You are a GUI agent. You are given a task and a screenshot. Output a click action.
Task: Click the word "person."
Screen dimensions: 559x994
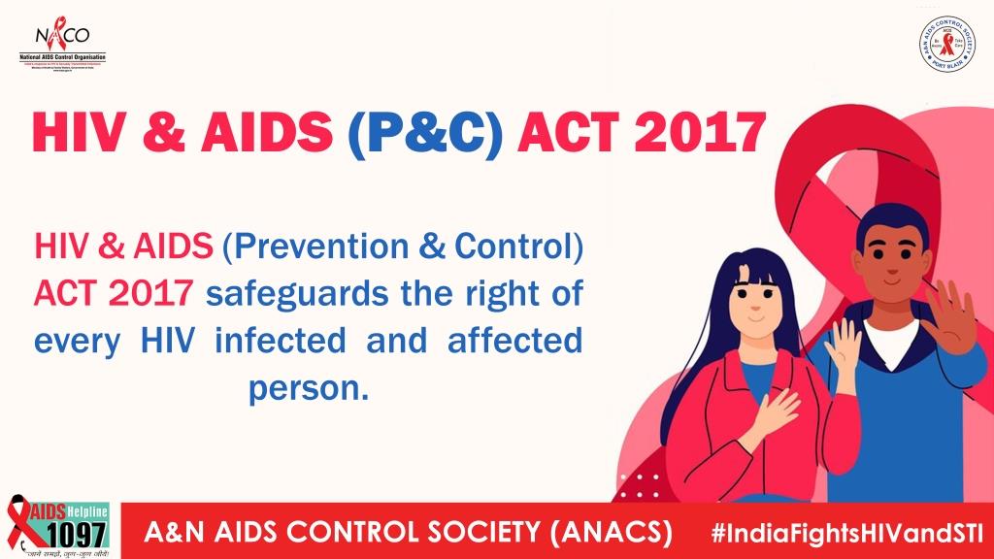pos(309,387)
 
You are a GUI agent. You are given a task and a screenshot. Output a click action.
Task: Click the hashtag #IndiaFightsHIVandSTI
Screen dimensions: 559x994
pos(846,533)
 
